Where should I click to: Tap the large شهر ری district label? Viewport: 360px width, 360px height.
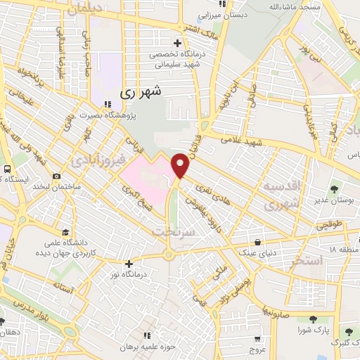(x=141, y=91)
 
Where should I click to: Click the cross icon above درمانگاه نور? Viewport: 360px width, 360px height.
(x=128, y=264)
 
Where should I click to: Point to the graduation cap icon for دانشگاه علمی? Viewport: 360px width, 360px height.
(x=65, y=233)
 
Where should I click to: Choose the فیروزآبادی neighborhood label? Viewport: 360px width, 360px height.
(x=98, y=161)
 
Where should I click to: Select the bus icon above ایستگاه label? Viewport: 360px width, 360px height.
(x=6, y=169)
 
